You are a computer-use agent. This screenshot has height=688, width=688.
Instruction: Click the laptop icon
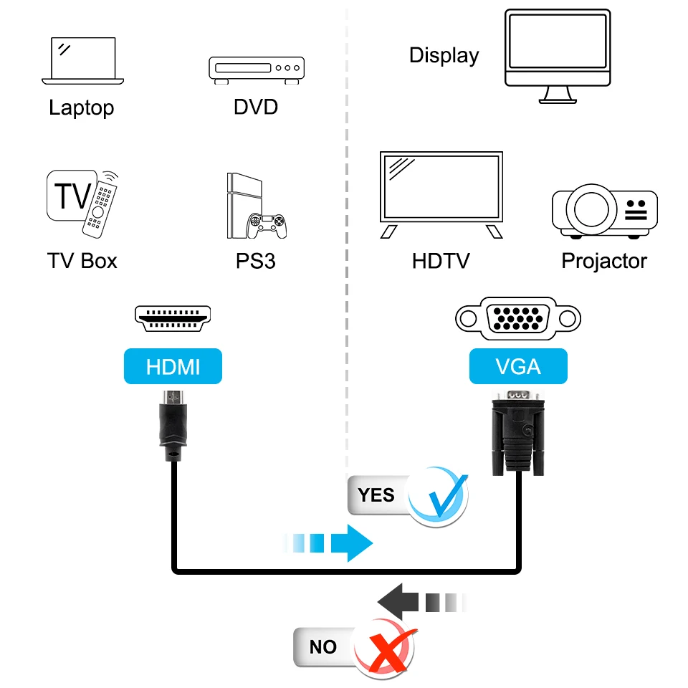[82, 62]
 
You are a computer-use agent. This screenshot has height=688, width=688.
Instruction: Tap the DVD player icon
[256, 70]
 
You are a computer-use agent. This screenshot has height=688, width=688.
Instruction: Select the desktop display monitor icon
[558, 56]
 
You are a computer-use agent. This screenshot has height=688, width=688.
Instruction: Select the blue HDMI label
[173, 367]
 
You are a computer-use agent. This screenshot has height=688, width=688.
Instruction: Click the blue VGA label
[518, 367]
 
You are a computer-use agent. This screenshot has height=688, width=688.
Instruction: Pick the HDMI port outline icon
[173, 317]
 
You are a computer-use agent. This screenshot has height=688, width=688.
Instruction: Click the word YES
[376, 494]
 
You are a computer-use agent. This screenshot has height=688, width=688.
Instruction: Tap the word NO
[323, 647]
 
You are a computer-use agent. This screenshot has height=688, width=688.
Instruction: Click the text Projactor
[603, 261]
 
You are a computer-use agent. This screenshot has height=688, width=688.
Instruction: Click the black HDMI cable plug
[172, 426]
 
